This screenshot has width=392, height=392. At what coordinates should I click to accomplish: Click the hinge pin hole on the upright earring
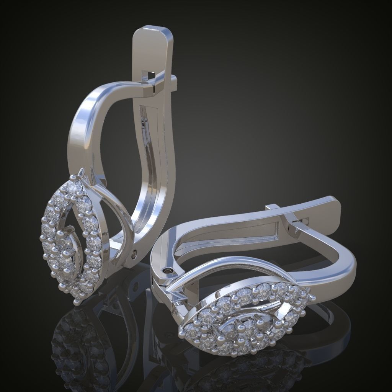coord(134,254)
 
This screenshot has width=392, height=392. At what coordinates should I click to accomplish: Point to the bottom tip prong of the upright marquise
coord(77,302)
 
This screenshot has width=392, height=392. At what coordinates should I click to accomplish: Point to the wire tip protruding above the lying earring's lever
coord(273,207)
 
